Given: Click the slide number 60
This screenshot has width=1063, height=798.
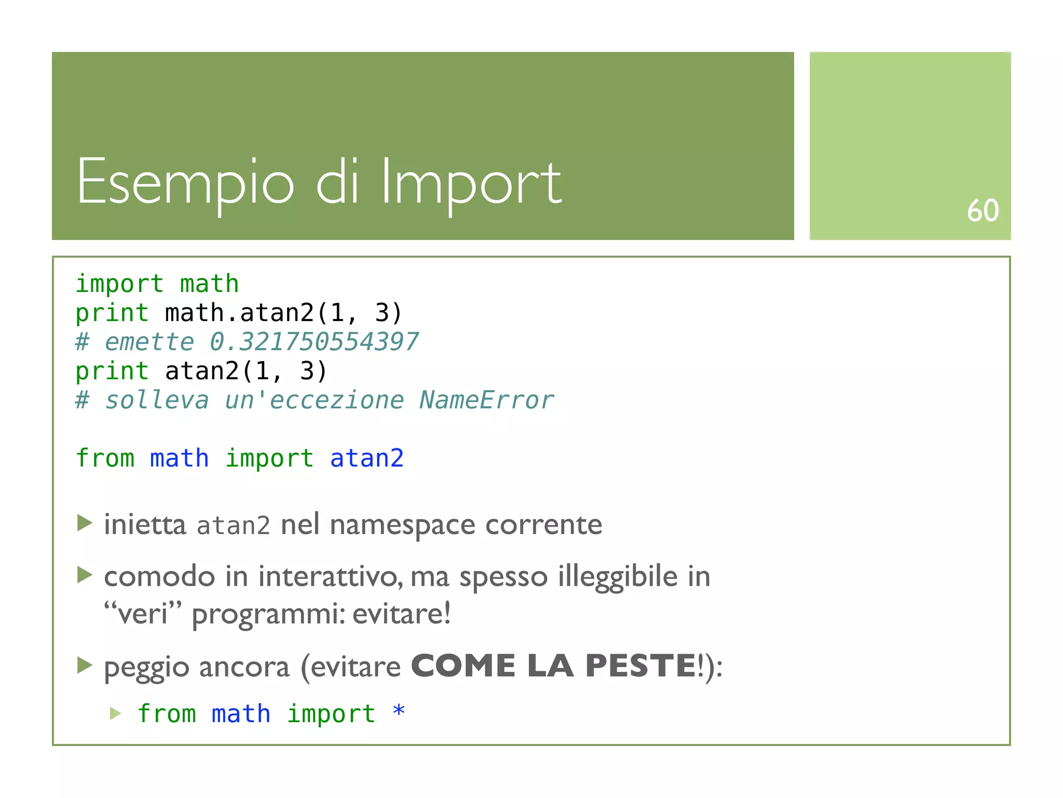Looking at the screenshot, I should click(983, 210).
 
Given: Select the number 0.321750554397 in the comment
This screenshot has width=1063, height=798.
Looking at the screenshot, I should click(314, 342).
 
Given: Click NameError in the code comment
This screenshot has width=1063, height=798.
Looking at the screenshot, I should click(486, 401).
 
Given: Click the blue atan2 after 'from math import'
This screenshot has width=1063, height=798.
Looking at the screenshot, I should click(366, 458).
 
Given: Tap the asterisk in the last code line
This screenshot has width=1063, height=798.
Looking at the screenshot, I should click(399, 711).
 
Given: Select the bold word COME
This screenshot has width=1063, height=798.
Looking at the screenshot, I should click(463, 666).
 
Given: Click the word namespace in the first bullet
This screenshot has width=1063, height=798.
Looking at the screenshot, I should click(402, 525).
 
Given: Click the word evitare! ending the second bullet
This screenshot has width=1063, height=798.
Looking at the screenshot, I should click(401, 614).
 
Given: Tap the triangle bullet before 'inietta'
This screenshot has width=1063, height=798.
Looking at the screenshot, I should click(85, 523).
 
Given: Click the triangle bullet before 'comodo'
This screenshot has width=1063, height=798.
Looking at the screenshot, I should click(85, 575).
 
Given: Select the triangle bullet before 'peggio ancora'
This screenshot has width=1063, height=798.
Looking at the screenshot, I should click(85, 664).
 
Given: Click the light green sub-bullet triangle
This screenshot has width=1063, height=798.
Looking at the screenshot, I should click(116, 713).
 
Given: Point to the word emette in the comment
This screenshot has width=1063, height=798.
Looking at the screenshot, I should click(149, 342).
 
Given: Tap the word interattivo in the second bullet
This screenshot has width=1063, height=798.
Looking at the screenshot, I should click(329, 577).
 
